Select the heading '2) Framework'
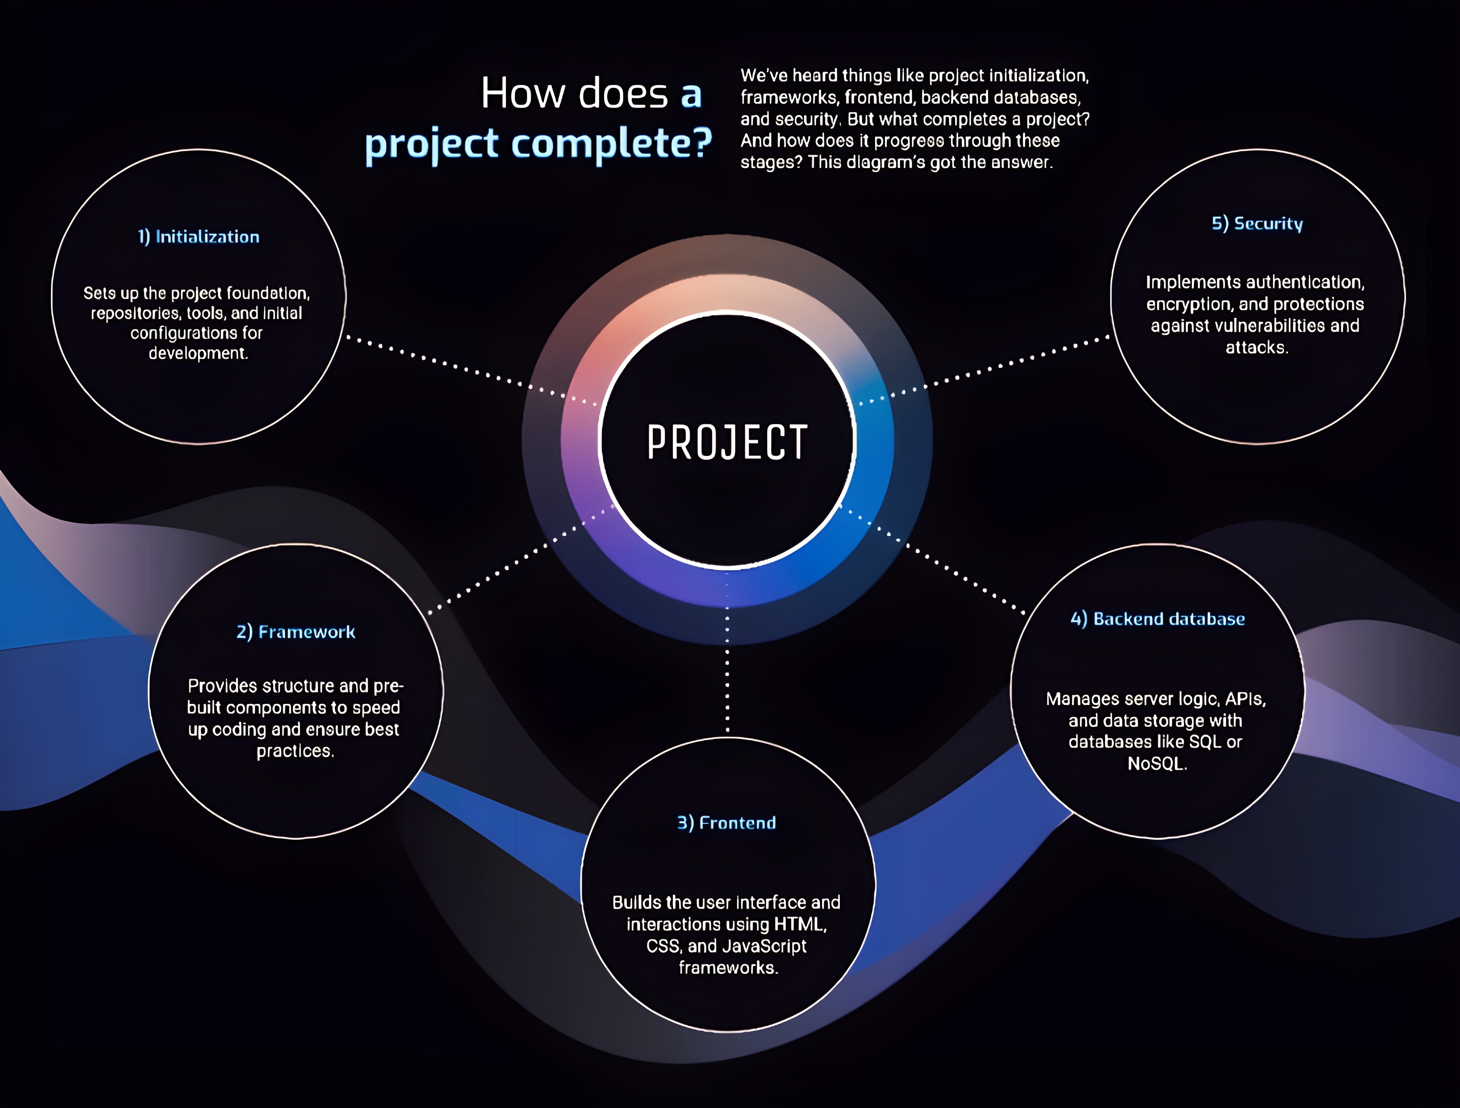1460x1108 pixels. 296,632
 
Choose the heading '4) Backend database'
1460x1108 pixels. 1158,619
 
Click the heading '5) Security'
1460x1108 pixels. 1258,224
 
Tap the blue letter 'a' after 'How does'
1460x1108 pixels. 691,96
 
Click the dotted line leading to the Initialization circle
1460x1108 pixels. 472,371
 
